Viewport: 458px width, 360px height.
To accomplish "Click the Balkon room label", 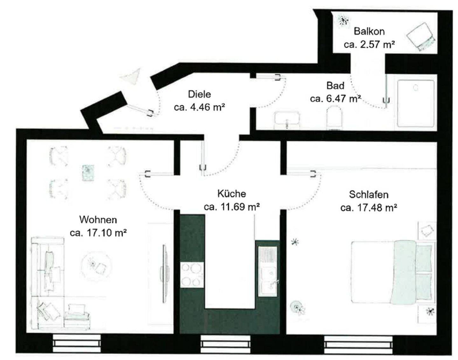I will [x=369, y=31].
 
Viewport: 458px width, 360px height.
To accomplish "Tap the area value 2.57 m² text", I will [x=369, y=44].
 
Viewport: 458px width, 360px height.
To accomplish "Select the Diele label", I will [x=199, y=94].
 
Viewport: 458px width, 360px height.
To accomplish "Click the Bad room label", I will [x=335, y=86].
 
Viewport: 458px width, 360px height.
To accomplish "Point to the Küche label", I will [x=232, y=193].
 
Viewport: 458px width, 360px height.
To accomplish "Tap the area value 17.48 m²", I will [x=369, y=208].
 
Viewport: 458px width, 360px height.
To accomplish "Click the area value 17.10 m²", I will [x=98, y=233].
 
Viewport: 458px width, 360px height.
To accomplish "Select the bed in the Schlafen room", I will [x=392, y=272].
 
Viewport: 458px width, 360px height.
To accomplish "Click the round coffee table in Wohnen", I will [x=96, y=264].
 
